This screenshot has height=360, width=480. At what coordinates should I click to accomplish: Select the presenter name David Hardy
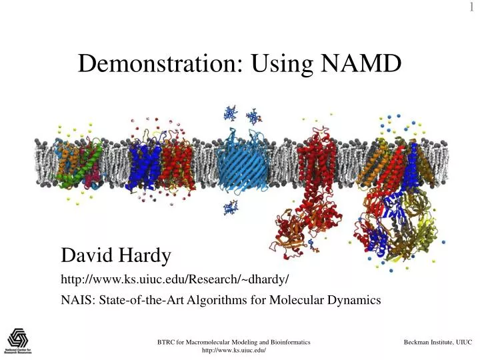pos(116,255)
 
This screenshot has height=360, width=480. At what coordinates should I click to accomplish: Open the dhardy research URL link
pos(175,277)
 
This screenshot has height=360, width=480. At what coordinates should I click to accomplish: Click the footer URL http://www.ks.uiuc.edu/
pos(233,351)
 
